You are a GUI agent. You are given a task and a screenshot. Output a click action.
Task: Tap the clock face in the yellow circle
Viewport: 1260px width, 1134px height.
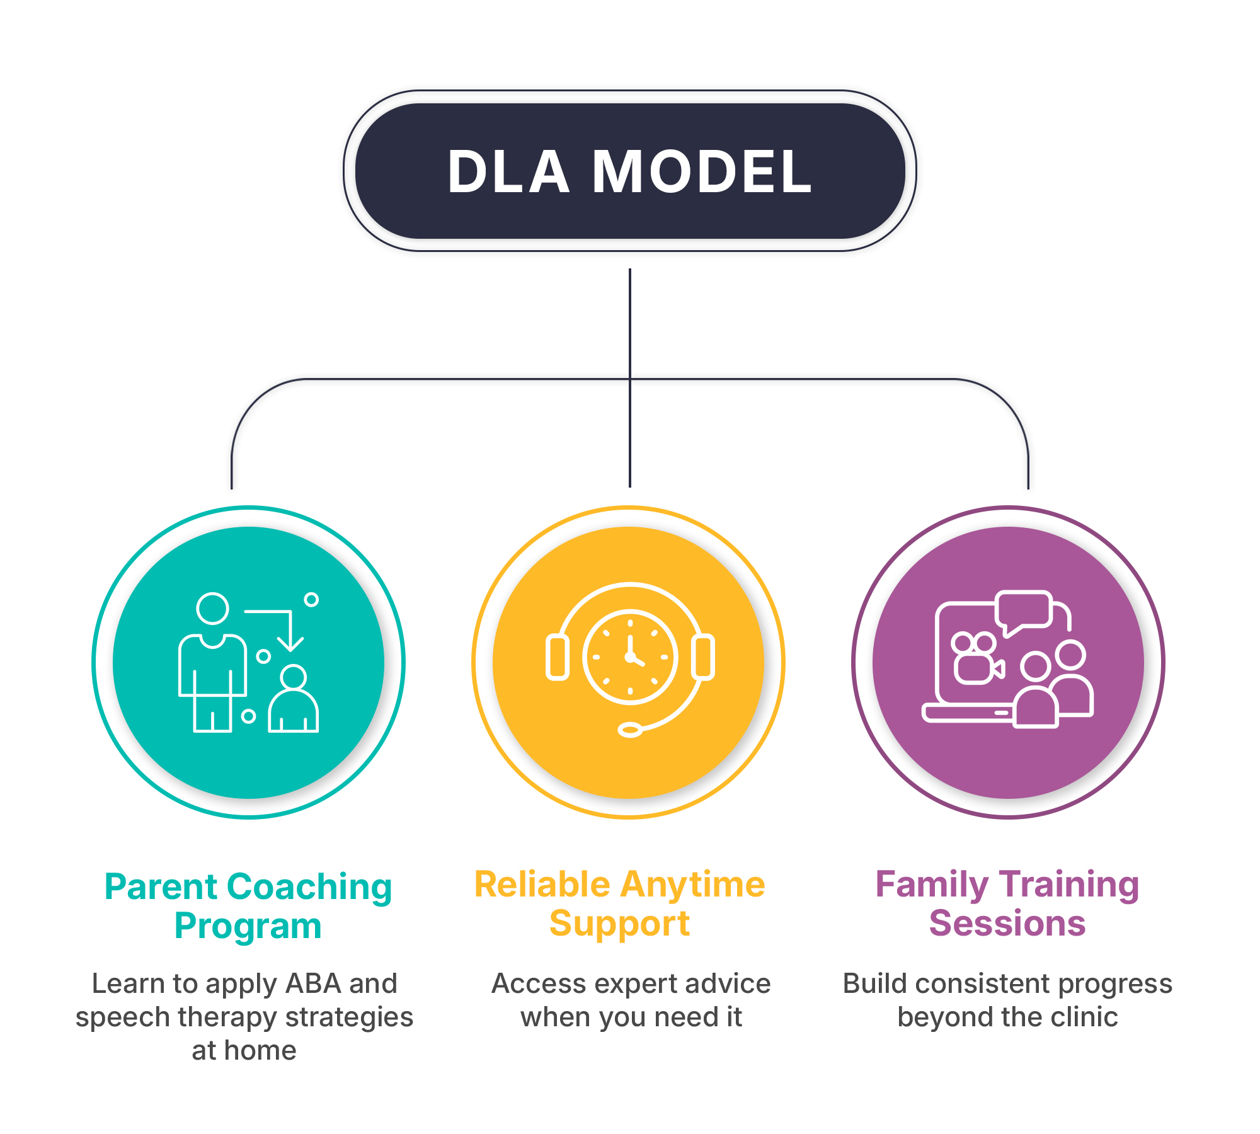[630, 656]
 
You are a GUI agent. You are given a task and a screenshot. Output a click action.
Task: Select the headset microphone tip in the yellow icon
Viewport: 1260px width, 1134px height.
[630, 730]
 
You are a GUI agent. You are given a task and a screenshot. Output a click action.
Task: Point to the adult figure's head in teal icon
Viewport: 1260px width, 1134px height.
[212, 609]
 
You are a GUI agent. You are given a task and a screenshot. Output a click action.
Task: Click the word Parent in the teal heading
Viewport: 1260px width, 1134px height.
[161, 887]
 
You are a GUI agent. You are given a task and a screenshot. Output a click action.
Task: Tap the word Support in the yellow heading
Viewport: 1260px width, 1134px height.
[620, 924]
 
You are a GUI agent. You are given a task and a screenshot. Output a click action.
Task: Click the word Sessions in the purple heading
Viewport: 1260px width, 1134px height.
[1007, 924]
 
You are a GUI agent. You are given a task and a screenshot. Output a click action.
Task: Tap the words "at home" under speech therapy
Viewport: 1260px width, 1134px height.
[244, 1051]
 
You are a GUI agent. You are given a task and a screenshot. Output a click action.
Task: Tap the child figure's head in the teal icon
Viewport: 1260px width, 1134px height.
[294, 677]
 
